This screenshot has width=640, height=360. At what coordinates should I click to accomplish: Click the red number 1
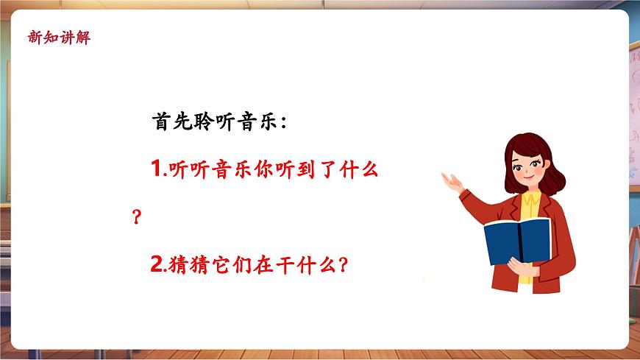155,170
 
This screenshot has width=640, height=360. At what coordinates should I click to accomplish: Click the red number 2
155,265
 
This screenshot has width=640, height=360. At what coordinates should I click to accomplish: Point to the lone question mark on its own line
135,218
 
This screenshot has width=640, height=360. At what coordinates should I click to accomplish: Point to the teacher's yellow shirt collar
531,200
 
